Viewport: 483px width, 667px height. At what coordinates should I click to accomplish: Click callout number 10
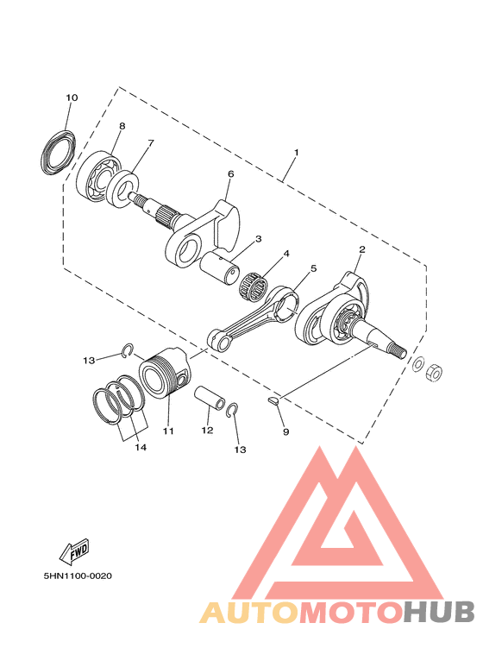pyautogui.click(x=72, y=98)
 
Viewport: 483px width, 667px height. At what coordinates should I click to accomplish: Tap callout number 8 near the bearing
pyautogui.click(x=122, y=126)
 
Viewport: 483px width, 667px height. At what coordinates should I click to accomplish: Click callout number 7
pyautogui.click(x=150, y=143)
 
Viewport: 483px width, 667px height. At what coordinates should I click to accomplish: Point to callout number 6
pyautogui.click(x=230, y=174)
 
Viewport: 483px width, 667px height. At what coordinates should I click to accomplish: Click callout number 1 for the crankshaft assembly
pyautogui.click(x=296, y=153)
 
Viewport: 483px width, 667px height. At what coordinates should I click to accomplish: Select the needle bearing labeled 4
pyautogui.click(x=254, y=284)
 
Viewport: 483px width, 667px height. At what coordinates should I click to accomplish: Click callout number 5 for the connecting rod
pyautogui.click(x=313, y=269)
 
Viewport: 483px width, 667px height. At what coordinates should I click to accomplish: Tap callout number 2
pyautogui.click(x=362, y=249)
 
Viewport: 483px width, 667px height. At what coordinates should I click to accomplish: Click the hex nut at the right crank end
pyautogui.click(x=436, y=370)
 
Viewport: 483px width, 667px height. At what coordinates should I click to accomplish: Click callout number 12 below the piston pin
pyautogui.click(x=207, y=429)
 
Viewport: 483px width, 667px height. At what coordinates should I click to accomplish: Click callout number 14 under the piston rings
pyautogui.click(x=140, y=447)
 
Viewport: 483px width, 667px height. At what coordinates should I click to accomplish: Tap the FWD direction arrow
pyautogui.click(x=73, y=550)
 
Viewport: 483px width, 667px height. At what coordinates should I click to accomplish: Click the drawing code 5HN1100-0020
pyautogui.click(x=78, y=576)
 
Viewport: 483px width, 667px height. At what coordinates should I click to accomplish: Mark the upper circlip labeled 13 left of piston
pyautogui.click(x=127, y=350)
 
